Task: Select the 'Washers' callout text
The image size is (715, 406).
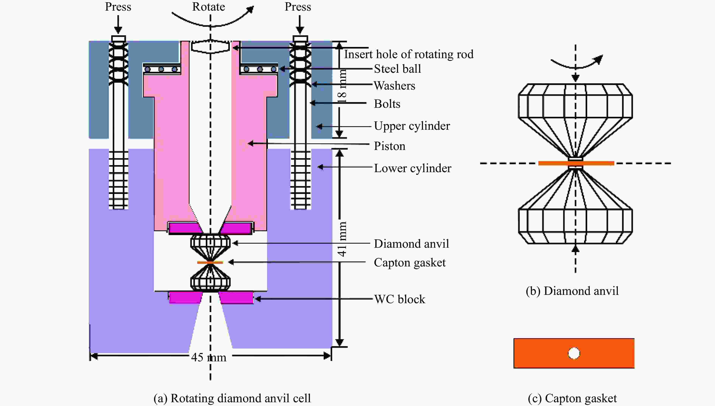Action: pyautogui.click(x=394, y=86)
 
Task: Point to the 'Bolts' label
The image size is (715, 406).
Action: pyautogui.click(x=387, y=104)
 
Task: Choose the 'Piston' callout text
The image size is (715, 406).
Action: pyautogui.click(x=389, y=146)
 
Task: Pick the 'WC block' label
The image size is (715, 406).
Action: pyautogui.click(x=400, y=299)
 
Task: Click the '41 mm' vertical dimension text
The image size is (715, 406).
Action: pyautogui.click(x=342, y=239)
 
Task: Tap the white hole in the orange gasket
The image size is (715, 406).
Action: pyautogui.click(x=574, y=353)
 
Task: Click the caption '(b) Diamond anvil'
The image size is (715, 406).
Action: pyautogui.click(x=572, y=291)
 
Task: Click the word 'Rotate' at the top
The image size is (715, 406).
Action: pyautogui.click(x=209, y=7)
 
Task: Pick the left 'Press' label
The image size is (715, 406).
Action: pyautogui.click(x=118, y=7)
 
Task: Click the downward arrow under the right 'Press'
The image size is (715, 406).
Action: pyautogui.click(x=300, y=25)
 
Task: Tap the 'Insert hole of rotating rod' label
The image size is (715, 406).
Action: pyautogui.click(x=409, y=54)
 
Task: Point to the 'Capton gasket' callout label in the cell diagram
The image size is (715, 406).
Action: pyautogui.click(x=410, y=263)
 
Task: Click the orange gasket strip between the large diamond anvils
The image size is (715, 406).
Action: pyautogui.click(x=576, y=163)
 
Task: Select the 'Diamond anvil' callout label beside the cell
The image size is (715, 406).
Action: pyautogui.click(x=411, y=244)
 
